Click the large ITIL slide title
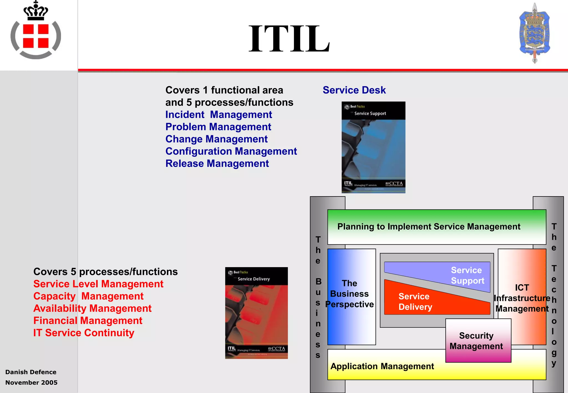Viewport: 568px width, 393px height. (289, 39)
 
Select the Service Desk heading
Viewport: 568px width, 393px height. (354, 90)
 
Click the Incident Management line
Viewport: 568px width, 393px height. (219, 114)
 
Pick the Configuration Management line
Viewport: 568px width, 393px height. (231, 151)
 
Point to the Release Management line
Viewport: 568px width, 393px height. (217, 164)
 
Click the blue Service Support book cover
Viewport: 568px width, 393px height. (373, 147)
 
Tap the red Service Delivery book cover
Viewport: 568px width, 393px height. (256, 313)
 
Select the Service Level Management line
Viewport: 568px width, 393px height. (98, 284)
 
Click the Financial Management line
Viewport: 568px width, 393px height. (88, 321)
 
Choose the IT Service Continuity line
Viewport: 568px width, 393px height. (84, 333)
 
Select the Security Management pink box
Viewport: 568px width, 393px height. (476, 341)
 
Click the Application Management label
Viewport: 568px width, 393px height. (382, 366)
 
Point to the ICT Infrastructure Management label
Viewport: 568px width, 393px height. (522, 298)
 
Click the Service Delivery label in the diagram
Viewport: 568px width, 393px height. (415, 302)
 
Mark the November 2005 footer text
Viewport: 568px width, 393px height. (31, 382)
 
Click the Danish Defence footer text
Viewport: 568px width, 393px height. (31, 372)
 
